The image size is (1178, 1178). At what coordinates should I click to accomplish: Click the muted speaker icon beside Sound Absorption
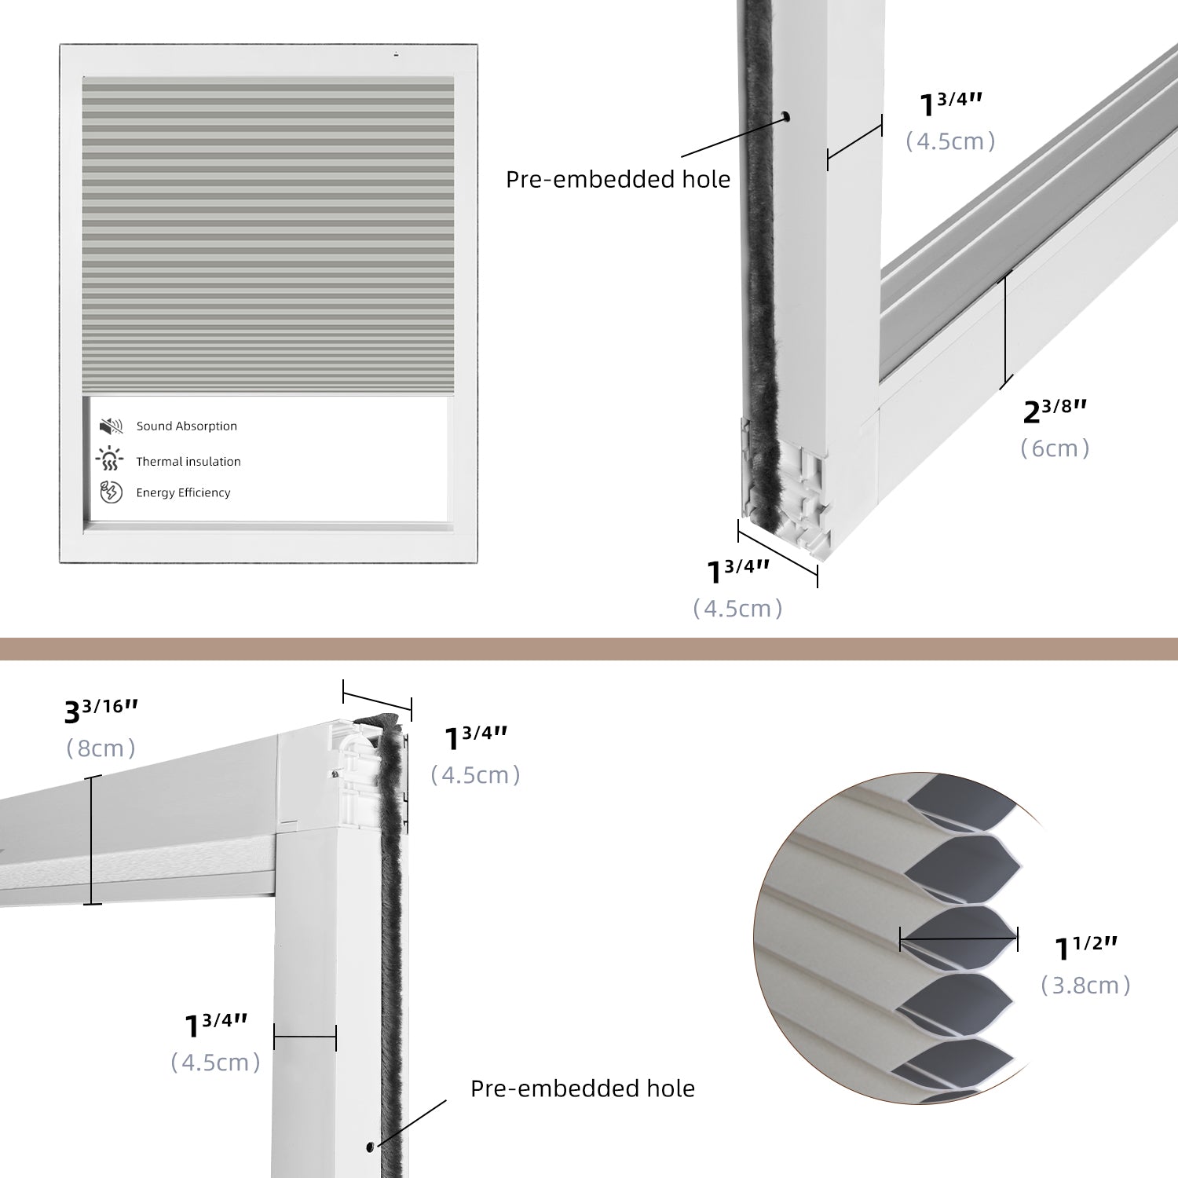coord(111,426)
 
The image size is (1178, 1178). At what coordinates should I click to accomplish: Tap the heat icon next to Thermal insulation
coord(110,459)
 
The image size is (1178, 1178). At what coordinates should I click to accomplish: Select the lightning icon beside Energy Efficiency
coord(111,492)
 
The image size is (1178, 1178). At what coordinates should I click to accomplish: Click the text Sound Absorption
coord(186,426)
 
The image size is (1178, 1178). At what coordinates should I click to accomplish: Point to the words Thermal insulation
coord(188,462)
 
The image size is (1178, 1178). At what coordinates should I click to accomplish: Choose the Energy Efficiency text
coord(183,493)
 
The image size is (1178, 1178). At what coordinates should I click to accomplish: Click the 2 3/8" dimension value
coord(1054,410)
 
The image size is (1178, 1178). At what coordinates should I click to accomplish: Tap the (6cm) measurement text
coord(1054,448)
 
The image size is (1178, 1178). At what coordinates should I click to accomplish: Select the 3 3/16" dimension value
coord(101,711)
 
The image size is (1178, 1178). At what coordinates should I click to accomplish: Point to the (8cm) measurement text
coord(101,748)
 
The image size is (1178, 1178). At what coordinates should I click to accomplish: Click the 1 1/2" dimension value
coord(1085,948)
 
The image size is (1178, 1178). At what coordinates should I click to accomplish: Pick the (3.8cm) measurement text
coord(1085,986)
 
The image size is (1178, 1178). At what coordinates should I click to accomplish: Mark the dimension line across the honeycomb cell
coord(958,938)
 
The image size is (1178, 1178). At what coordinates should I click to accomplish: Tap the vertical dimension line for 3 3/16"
coord(93,840)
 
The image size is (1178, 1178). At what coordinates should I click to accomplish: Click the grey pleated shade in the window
coord(268,236)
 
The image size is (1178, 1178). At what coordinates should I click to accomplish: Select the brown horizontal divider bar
coord(589,649)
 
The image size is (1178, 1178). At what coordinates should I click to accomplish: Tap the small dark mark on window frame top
coord(396,55)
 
